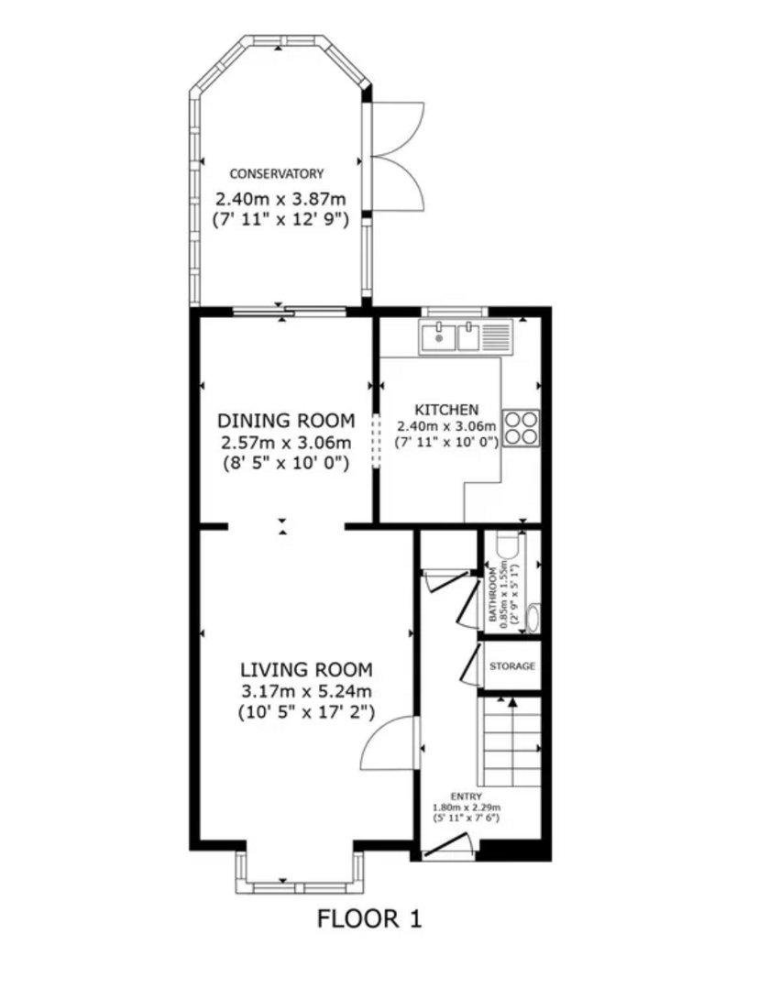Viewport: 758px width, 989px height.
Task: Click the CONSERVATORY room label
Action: click(277, 173)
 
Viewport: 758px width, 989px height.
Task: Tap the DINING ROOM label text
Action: click(285, 421)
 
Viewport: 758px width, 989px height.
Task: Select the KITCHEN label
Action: click(445, 409)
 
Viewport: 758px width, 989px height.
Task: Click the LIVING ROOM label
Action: click(306, 669)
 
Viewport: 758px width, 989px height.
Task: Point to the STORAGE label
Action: click(511, 666)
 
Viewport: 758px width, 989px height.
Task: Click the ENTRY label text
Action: click(465, 797)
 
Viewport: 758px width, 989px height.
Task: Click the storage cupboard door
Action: click(472, 664)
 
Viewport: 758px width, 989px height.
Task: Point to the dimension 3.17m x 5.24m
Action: click(306, 690)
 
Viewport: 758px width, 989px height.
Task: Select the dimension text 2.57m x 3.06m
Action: click(285, 443)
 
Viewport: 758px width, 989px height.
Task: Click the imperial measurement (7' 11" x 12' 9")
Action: click(280, 220)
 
